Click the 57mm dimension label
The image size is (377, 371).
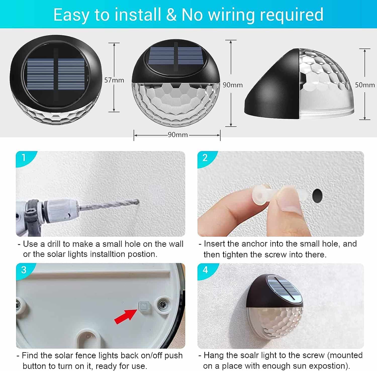pyautogui.click(x=114, y=80)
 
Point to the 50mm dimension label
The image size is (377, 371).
pyautogui.click(x=365, y=85)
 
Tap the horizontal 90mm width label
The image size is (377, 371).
pyautogui.click(x=178, y=135)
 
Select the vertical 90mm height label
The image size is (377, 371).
pyautogui.click(x=233, y=85)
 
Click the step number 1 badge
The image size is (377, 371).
pyautogui.click(x=24, y=158)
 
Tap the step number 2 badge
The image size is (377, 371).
pyautogui.click(x=205, y=158)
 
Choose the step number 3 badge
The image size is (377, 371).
pyautogui.click(x=24, y=270)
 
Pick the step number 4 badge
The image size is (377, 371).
pyautogui.click(x=205, y=270)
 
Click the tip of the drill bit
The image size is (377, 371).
pyautogui.click(x=138, y=201)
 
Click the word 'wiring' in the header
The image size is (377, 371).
pyautogui.click(x=232, y=15)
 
